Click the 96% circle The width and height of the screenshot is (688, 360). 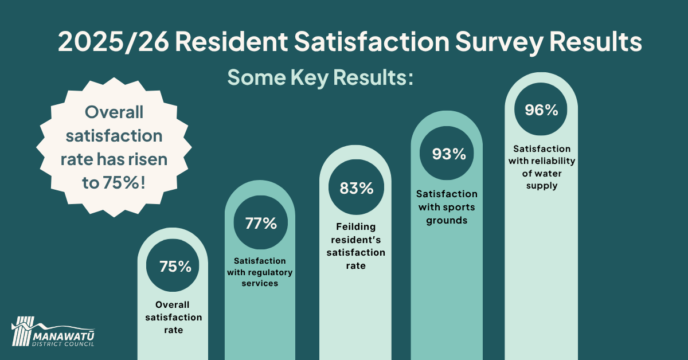541,109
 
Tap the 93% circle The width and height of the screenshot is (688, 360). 447,153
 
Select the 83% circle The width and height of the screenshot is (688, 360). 356,187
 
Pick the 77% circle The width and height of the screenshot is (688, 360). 260,222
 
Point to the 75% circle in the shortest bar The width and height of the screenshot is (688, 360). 173,265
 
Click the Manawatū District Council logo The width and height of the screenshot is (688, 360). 53,332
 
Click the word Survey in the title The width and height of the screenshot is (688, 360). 499,42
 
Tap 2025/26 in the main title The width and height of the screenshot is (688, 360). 114,42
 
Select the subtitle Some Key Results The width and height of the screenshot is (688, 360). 320,77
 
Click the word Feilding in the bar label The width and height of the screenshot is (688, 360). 355,226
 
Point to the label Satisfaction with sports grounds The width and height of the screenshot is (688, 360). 447,207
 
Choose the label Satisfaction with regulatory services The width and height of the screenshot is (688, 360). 260,272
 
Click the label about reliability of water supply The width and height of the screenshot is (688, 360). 542,167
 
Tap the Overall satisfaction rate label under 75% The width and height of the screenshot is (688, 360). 174,317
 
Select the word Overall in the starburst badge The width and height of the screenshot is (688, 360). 114,112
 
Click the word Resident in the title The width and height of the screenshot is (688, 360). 231,42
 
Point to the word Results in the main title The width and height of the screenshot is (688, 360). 596,42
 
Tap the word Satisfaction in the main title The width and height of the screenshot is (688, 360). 372,42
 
